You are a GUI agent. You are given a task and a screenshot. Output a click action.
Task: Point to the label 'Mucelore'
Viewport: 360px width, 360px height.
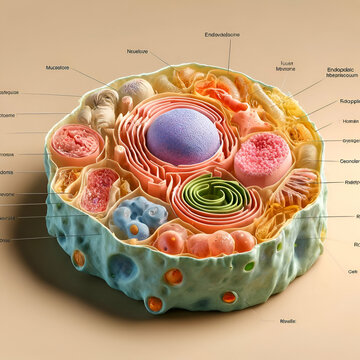click(x=58, y=68)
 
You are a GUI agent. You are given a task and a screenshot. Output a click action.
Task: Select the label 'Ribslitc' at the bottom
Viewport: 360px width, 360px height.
click(x=289, y=321)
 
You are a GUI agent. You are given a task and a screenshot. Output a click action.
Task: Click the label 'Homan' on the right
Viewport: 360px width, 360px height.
click(x=350, y=120)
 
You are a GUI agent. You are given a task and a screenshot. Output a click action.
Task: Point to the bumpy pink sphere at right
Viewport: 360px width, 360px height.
click(x=262, y=158)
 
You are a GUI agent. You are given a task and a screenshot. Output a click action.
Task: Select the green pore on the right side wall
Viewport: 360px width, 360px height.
click(x=249, y=266)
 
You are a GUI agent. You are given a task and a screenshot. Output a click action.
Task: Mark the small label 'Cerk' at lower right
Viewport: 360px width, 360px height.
click(x=352, y=270)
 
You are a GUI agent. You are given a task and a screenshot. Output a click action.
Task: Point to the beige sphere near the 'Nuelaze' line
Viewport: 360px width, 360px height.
click(x=138, y=90)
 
